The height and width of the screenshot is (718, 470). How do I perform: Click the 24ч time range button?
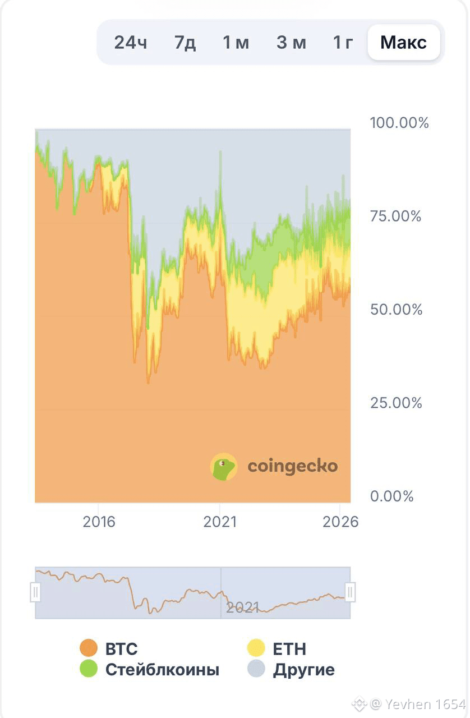[x=131, y=42]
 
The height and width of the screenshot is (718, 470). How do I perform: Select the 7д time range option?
[x=185, y=42]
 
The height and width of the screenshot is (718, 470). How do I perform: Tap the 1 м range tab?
[x=236, y=42]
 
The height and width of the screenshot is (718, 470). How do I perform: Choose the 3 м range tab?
[x=291, y=42]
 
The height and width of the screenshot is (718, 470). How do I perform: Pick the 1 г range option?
[x=343, y=42]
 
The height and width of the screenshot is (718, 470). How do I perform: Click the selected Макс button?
[x=404, y=42]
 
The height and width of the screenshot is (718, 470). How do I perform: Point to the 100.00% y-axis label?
[x=399, y=123]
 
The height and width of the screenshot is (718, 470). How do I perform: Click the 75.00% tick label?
[x=395, y=216]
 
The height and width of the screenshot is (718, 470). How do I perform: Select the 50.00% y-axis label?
[x=397, y=309]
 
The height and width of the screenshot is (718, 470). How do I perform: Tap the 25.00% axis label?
[x=396, y=403]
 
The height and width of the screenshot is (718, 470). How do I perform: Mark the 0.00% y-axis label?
[x=392, y=496]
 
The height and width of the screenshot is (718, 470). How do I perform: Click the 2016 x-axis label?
[x=99, y=522]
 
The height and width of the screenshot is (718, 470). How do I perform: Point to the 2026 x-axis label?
[x=340, y=522]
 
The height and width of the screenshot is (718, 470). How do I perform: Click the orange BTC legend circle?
[x=89, y=648]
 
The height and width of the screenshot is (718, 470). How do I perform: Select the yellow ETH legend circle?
[x=256, y=648]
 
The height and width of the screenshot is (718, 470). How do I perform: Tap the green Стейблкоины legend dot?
[x=89, y=669]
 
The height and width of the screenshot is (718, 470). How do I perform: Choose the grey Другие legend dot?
[x=256, y=669]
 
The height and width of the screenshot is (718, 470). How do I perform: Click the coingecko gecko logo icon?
[x=224, y=467]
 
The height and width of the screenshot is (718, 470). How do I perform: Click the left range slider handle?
[x=35, y=592]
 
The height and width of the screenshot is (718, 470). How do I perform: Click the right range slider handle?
[x=350, y=592]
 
